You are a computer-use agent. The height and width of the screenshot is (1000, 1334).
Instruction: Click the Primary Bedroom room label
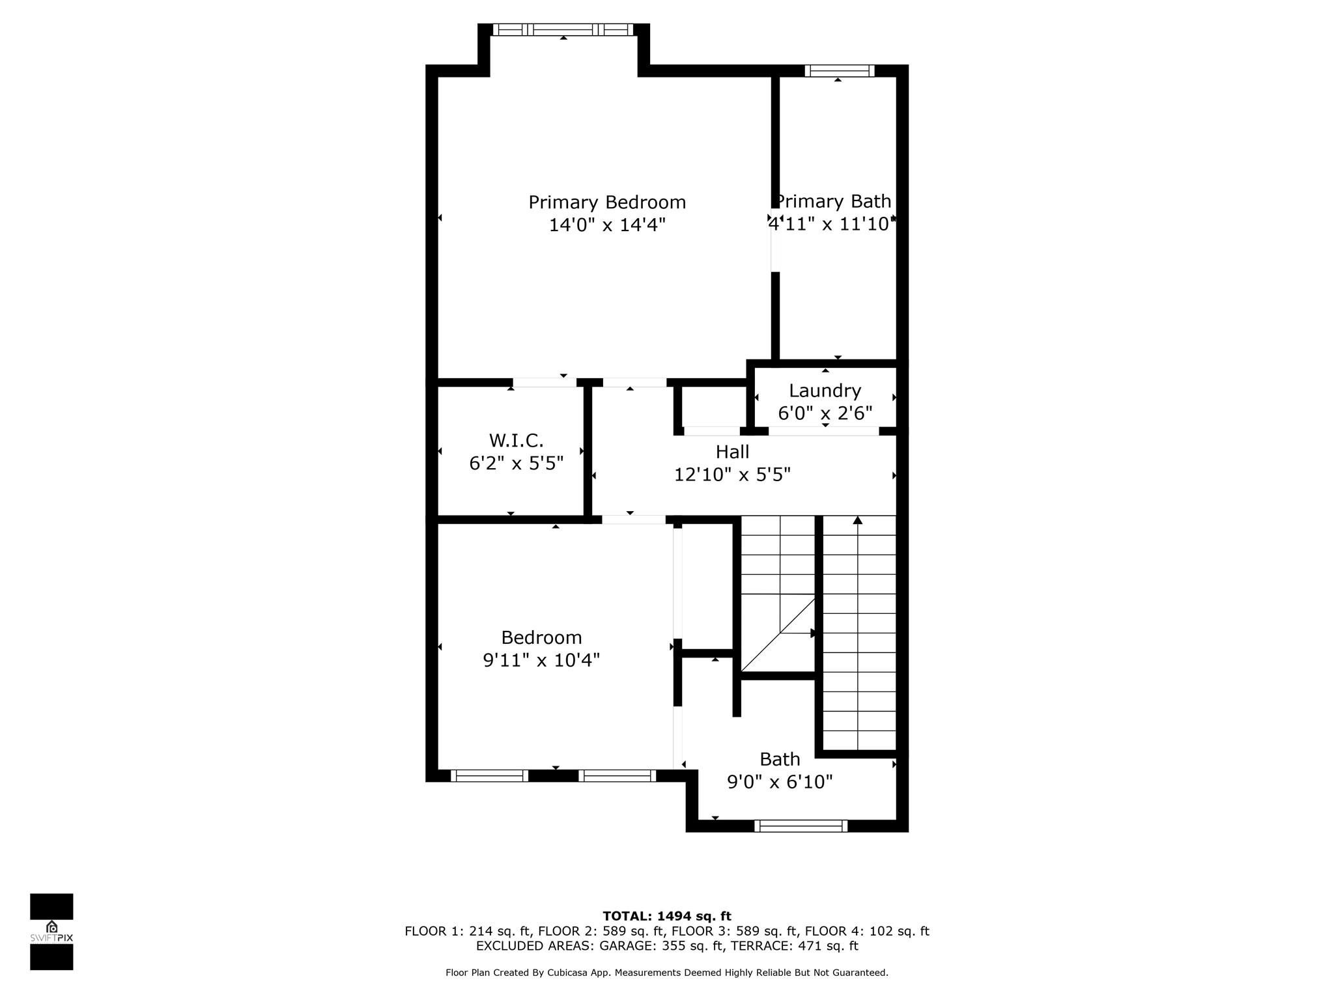point(607,202)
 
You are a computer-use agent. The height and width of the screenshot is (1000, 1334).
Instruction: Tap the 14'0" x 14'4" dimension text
point(607,225)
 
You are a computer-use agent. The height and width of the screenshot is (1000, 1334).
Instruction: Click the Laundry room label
point(825,391)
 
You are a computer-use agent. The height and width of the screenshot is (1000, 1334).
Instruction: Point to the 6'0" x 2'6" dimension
point(825,413)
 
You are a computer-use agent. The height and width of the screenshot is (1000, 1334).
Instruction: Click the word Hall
point(733,452)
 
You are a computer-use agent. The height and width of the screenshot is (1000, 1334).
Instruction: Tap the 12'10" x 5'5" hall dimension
point(732,475)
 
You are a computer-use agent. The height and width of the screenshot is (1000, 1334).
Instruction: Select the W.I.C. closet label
point(517,441)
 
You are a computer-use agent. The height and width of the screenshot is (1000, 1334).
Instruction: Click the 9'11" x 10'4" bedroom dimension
point(541,660)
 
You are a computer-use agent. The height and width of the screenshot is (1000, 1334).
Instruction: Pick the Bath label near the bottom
point(780,759)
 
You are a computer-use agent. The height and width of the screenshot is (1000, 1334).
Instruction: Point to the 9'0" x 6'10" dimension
point(780,782)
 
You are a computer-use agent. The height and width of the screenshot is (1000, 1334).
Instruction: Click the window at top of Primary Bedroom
point(563,29)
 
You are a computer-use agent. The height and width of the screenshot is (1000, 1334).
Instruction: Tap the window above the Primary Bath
point(840,71)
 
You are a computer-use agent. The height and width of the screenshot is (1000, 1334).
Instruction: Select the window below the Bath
point(801,826)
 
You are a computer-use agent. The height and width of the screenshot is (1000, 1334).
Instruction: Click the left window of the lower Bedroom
point(490,775)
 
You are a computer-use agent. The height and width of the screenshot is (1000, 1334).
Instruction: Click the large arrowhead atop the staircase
point(858,520)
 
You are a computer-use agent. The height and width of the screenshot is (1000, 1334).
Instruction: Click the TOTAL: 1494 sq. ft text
point(667,917)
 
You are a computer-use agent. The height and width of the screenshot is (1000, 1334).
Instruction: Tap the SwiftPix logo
point(51,932)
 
